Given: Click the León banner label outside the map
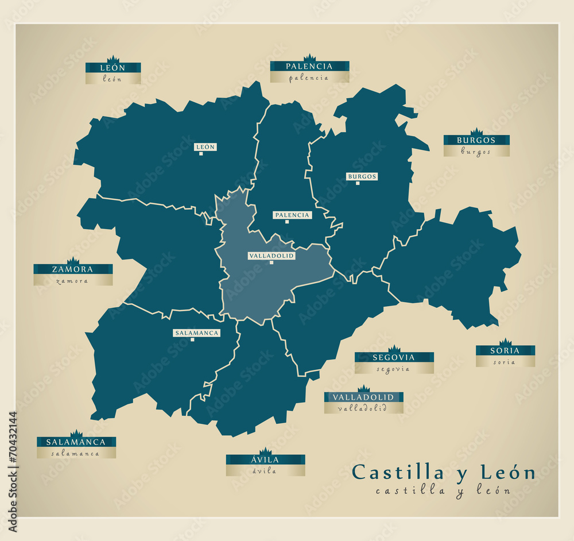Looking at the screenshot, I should click(113, 68).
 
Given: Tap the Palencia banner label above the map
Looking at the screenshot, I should click(309, 67).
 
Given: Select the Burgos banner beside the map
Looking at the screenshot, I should click(476, 140).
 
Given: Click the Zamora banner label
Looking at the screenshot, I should click(73, 269).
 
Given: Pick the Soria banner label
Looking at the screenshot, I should click(505, 351).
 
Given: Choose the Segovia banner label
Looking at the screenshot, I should click(394, 357).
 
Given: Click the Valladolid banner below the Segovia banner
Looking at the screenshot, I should click(363, 397).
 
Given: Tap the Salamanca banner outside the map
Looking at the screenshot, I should click(76, 442).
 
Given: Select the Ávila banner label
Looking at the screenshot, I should click(265, 460).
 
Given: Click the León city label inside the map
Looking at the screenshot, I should click(205, 147).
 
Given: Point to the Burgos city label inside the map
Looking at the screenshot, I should click(362, 176).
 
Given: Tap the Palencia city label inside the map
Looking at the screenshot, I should click(292, 215).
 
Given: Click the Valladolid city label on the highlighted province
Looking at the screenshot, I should click(272, 256).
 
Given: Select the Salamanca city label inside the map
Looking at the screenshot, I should click(197, 333).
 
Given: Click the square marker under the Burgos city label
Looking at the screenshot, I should click(358, 183).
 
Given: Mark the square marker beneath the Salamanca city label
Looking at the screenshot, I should click(192, 339).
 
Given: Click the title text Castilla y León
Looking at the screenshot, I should click(443, 473).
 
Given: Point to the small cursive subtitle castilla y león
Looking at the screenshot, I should click(443, 490).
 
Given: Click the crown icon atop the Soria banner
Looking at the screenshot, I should click(505, 342).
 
